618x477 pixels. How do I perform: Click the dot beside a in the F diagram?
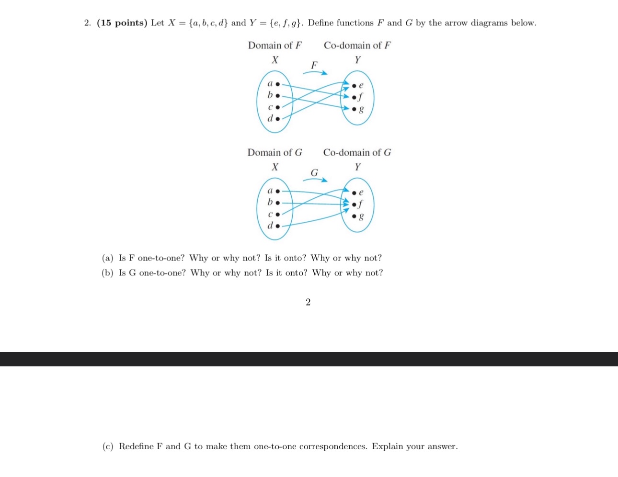[277, 84]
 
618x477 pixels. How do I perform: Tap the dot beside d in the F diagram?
[277, 118]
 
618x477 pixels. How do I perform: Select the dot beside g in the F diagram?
[355, 109]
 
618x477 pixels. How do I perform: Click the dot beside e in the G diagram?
[355, 193]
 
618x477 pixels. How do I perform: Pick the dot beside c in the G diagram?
[277, 214]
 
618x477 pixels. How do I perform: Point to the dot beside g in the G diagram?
[355, 216]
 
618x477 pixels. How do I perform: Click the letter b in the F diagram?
[270, 95]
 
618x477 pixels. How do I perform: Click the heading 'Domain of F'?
[275, 45]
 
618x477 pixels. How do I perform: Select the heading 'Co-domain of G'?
[357, 153]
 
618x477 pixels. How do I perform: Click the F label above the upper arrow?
[314, 65]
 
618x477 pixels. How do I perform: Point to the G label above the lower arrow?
[314, 172]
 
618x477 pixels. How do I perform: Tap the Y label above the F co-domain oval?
[357, 60]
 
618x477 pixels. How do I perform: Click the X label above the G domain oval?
[275, 167]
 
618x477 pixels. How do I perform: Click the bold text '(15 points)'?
[122, 23]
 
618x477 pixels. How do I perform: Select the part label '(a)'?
[108, 258]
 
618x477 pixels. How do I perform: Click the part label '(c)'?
[108, 446]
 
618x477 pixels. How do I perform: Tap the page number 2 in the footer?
[308, 302]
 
